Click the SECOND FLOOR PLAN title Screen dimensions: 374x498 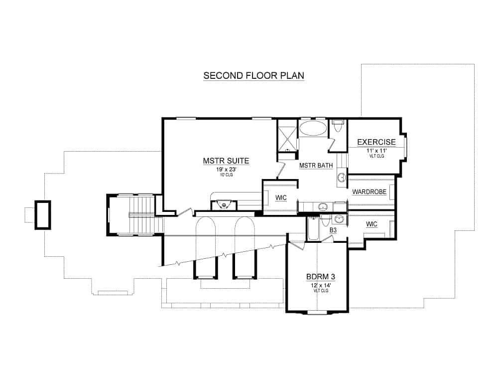[x=253, y=76]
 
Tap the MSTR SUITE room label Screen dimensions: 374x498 [x=226, y=161]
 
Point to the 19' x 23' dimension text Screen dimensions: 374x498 [x=226, y=170]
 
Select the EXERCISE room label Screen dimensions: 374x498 [x=376, y=142]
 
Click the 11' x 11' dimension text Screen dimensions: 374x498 [x=376, y=150]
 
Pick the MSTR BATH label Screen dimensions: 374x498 [x=316, y=166]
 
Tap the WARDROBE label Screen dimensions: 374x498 [x=369, y=192]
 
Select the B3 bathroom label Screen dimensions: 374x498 [x=333, y=230]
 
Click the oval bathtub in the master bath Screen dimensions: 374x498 [x=313, y=128]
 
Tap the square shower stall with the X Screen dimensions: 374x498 [x=287, y=135]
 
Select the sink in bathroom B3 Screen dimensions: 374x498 [x=340, y=218]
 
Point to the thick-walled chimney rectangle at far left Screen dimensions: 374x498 [x=42, y=215]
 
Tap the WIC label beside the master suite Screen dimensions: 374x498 [x=280, y=197]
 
